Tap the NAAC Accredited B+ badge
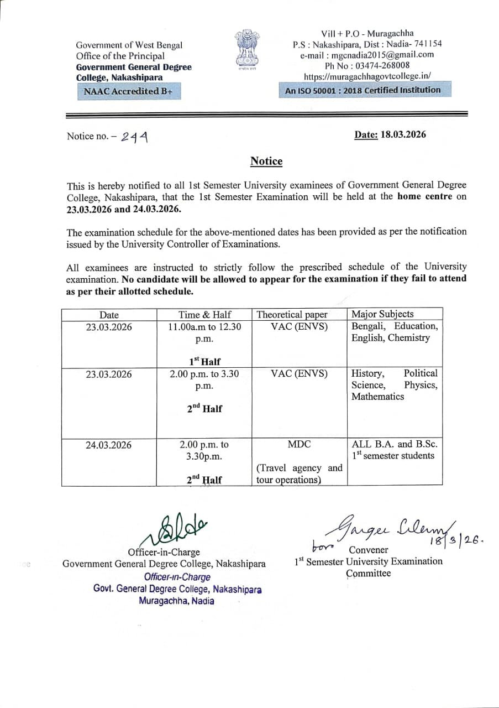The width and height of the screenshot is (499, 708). (x=129, y=91)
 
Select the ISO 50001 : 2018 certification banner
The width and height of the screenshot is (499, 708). (x=363, y=90)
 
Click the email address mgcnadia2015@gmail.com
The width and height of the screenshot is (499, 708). (x=367, y=55)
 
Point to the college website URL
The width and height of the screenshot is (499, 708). (x=367, y=76)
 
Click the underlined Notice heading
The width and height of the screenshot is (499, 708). (x=266, y=161)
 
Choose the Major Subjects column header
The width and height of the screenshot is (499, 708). (x=382, y=314)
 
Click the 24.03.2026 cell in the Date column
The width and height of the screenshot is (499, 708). (x=109, y=445)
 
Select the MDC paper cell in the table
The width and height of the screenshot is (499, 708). (x=299, y=444)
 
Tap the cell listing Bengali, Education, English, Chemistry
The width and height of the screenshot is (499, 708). (x=394, y=332)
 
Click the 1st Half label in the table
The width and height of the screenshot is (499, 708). (x=204, y=362)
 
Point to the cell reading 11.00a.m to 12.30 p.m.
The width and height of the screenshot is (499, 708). (x=204, y=332)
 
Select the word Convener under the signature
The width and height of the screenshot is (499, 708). (x=369, y=550)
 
